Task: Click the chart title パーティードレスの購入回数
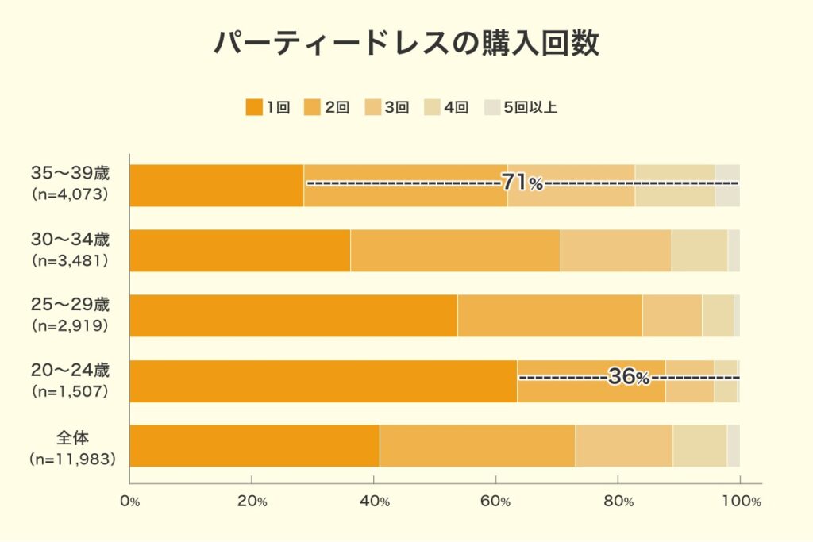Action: [x=406, y=44]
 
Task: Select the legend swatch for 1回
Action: [x=254, y=108]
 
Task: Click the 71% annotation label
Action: [x=522, y=183]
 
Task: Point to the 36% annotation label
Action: [x=629, y=378]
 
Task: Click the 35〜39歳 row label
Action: [x=69, y=173]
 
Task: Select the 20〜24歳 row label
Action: [x=69, y=370]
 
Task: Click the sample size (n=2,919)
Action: [x=69, y=325]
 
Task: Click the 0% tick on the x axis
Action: [x=129, y=502]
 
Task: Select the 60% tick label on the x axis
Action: [x=496, y=502]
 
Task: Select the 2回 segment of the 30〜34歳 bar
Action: [x=455, y=251]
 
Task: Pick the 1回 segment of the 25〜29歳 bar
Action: [x=293, y=316]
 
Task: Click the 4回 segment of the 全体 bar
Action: [x=699, y=446]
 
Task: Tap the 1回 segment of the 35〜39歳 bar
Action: [x=216, y=186]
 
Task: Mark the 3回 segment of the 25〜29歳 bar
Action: [x=672, y=316]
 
